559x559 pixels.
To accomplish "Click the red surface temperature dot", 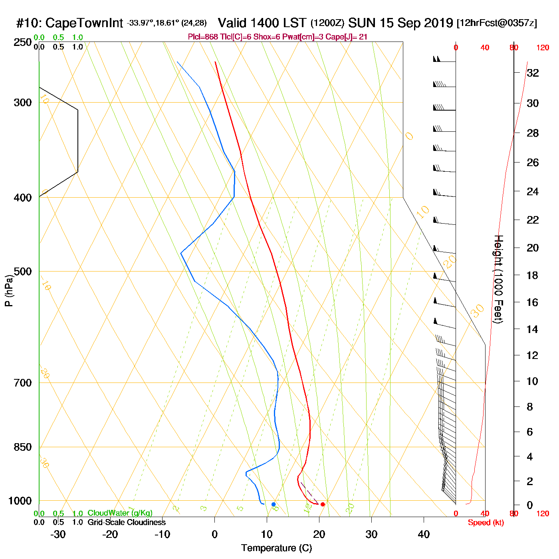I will [x=323, y=504].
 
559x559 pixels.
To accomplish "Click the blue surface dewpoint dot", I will [x=274, y=504].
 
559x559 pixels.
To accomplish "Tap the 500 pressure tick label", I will [x=23, y=272].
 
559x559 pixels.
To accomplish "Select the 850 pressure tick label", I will [x=23, y=447].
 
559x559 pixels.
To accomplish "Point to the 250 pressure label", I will [x=23, y=42].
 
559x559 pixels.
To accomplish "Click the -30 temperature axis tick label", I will [x=58, y=534].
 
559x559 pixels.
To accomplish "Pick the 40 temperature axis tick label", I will [x=424, y=534].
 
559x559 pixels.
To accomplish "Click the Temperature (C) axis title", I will [x=276, y=548].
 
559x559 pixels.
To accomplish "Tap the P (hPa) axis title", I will [x=9, y=290].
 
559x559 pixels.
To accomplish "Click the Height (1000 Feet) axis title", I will [x=499, y=279].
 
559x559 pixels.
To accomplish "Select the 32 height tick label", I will [x=533, y=73].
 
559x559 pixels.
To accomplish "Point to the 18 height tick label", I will [x=532, y=275].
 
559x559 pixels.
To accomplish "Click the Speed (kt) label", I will [x=486, y=523].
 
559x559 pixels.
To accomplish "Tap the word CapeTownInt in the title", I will [x=84, y=23].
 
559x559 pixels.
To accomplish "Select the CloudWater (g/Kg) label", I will [x=120, y=513].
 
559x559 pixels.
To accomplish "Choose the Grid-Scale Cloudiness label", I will [x=127, y=522].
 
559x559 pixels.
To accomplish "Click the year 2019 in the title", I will [x=438, y=23].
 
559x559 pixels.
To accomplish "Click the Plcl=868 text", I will [x=203, y=37].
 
